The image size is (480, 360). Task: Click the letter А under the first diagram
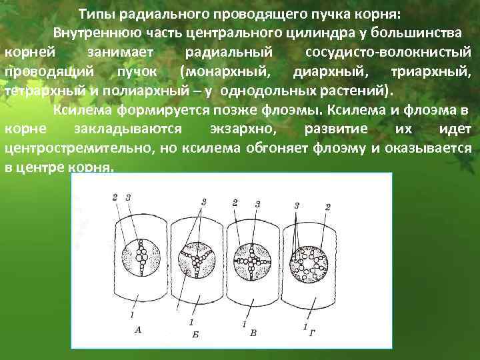tap(137, 328)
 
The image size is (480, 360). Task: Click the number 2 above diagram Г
tap(327, 207)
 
